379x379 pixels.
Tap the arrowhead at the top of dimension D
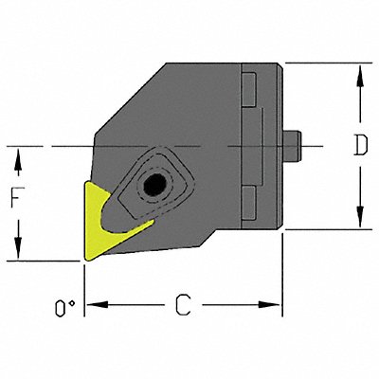point(359,71)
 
